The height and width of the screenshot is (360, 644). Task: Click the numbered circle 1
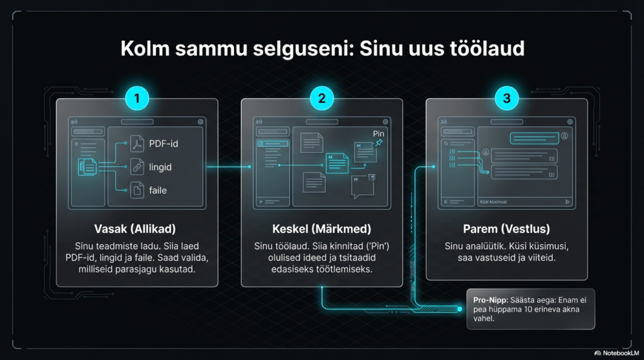tap(137, 98)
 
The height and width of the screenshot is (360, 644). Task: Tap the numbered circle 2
tap(321, 98)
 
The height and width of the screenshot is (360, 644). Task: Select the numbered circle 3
tap(506, 98)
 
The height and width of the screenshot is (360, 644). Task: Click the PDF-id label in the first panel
tap(164, 143)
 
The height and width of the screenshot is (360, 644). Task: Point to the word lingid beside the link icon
tap(160, 167)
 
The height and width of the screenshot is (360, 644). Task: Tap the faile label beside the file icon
tap(158, 189)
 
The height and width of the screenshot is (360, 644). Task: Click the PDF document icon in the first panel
tap(136, 143)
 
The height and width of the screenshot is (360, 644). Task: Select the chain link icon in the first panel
tap(136, 167)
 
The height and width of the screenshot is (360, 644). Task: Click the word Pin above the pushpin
tap(379, 133)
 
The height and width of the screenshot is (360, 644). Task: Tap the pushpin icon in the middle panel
tap(379, 143)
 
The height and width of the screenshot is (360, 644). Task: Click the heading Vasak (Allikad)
tap(136, 228)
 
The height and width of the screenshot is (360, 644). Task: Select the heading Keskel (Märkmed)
tap(321, 228)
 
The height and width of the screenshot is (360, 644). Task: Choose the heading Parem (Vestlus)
tap(506, 228)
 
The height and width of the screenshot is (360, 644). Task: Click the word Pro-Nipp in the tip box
tap(489, 300)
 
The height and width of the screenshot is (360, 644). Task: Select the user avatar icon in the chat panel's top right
tap(564, 135)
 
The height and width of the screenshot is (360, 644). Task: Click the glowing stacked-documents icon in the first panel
tap(87, 167)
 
